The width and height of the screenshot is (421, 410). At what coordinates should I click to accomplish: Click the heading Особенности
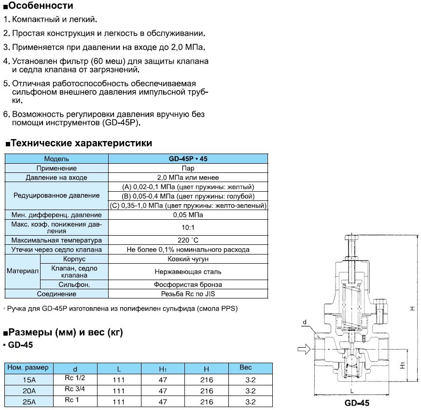click(41, 6)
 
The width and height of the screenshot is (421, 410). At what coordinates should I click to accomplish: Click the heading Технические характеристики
click(81, 143)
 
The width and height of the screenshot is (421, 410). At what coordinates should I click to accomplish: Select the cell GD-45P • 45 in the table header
click(188, 158)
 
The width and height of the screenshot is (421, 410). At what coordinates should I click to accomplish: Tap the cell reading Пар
click(188, 168)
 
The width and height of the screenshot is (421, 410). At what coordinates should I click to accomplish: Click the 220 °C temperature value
click(188, 240)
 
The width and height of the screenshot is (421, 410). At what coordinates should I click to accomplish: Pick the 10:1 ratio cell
click(188, 227)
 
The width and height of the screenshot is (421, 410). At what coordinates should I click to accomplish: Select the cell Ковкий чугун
click(188, 259)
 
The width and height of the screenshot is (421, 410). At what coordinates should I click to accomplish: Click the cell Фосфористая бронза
click(188, 284)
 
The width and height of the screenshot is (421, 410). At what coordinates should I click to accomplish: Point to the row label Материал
click(22, 271)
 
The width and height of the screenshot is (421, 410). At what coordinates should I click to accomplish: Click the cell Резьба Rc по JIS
click(188, 294)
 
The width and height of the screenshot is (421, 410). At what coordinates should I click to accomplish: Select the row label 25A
click(29, 402)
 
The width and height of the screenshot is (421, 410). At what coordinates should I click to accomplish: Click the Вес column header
click(246, 368)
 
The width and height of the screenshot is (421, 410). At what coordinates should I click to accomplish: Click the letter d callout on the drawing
click(304, 321)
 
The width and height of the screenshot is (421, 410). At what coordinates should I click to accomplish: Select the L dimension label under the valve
click(352, 389)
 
